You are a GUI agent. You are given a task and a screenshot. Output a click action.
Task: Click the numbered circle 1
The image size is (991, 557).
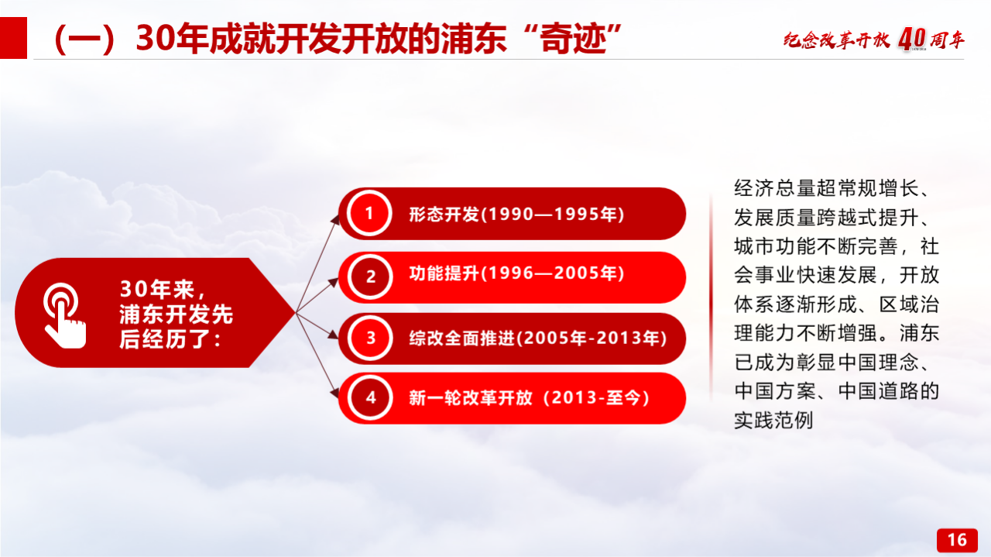pyautogui.click(x=369, y=213)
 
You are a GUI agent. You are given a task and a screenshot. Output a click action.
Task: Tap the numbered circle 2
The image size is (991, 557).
pyautogui.click(x=370, y=277)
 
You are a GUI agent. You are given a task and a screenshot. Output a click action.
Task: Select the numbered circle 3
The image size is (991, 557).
pyautogui.click(x=370, y=339)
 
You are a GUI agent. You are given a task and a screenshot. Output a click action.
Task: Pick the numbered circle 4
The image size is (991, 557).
pyautogui.click(x=370, y=397)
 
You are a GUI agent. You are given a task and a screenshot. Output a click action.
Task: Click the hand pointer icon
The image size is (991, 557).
pyautogui.click(x=64, y=316)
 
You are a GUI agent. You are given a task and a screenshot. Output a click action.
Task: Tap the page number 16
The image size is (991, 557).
pyautogui.click(x=957, y=540)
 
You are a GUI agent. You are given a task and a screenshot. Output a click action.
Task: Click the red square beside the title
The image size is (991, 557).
pyautogui.click(x=13, y=38)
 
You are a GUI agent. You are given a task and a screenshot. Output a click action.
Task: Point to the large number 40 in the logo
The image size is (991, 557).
pyautogui.click(x=911, y=39)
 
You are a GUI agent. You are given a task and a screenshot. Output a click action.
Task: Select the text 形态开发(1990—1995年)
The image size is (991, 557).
pyautogui.click(x=516, y=215)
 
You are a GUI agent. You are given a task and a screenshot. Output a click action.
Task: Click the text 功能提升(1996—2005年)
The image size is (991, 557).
pyautogui.click(x=516, y=273)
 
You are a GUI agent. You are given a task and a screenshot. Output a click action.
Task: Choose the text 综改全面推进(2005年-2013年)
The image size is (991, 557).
pyautogui.click(x=537, y=339)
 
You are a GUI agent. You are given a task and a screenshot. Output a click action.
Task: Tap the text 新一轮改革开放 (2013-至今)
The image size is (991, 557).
pyautogui.click(x=529, y=397)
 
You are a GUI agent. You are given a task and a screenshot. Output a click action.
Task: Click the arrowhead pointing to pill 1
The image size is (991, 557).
pyautogui.click(x=335, y=219)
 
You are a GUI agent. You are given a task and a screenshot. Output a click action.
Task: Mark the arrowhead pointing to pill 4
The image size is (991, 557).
pyautogui.click(x=334, y=392)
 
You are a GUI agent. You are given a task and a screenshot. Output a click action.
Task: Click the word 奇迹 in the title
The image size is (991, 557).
pyautogui.click(x=573, y=39)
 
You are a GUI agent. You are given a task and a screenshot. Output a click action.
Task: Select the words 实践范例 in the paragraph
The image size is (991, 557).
pyautogui.click(x=773, y=420)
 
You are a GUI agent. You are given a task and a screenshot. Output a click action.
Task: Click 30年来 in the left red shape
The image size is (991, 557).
pyautogui.click(x=157, y=289)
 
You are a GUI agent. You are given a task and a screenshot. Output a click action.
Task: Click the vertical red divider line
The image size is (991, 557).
pyautogui.click(x=711, y=297)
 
